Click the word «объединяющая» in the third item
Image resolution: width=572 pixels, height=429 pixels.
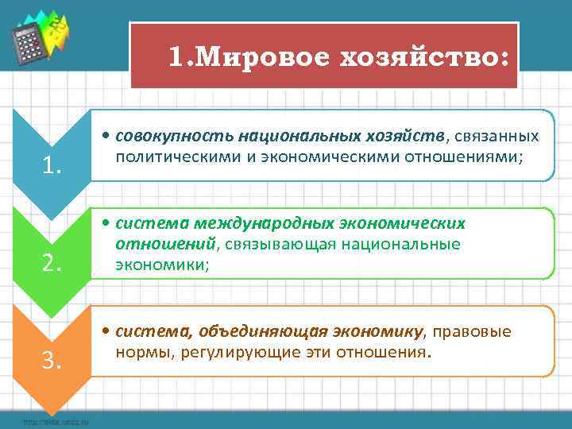pos(255,330)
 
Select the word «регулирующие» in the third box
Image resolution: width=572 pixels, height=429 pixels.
pos(221,350)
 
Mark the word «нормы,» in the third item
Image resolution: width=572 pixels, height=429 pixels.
pos(139,350)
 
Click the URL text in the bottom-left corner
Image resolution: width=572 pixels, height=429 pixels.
pos(51,422)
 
